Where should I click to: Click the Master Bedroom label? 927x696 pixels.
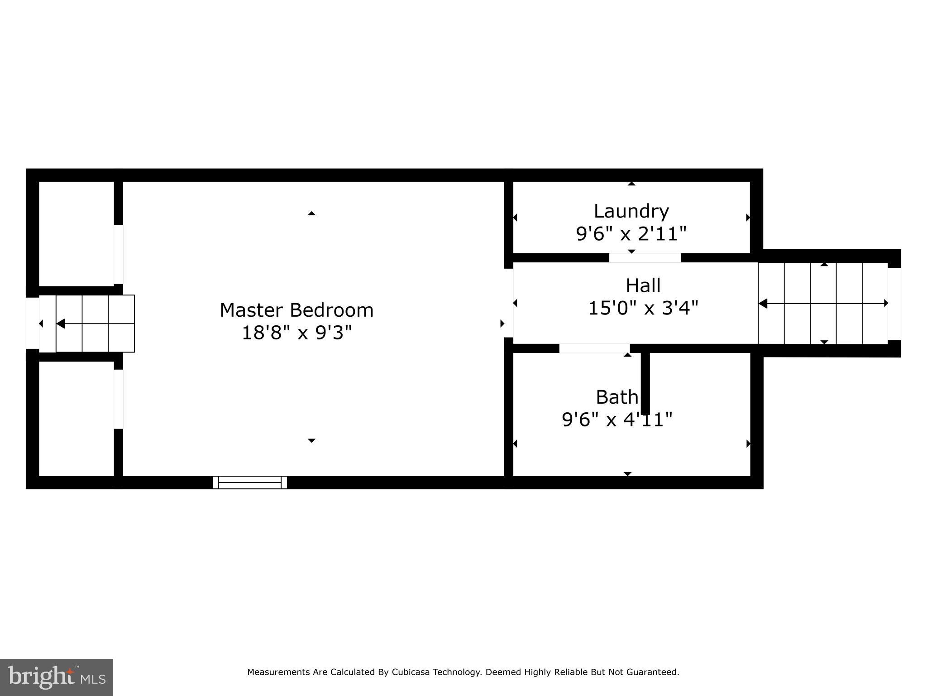point(296,310)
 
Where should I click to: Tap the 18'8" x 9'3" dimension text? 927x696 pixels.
point(296,333)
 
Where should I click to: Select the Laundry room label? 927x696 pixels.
point(631,211)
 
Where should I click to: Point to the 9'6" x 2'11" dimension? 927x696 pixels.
point(631,234)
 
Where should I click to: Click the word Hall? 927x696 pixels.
point(643,285)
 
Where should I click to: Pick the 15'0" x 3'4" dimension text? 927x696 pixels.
point(643,309)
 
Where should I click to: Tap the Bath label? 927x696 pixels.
point(616,397)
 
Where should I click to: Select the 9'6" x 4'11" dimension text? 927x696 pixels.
point(616,420)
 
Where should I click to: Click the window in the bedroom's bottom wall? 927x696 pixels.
point(250,482)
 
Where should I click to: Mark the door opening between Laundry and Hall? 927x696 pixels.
point(645,258)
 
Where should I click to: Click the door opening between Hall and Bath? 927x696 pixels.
point(594,348)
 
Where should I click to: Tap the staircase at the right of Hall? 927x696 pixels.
point(822,303)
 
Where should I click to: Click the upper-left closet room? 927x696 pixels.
point(76,233)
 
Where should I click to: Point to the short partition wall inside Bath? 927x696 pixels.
point(645,383)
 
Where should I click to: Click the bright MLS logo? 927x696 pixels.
point(57,677)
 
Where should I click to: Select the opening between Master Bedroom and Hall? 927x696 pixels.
point(509,303)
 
